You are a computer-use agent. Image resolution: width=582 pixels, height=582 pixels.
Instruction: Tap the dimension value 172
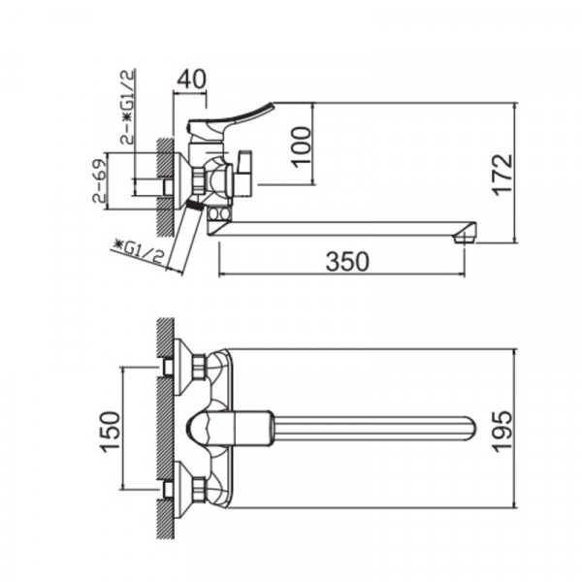501,176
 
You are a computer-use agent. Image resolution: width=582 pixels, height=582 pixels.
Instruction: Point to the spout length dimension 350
346,260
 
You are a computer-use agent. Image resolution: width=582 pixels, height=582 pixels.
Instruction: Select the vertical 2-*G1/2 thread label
126,106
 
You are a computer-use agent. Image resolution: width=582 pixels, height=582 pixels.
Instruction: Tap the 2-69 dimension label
98,183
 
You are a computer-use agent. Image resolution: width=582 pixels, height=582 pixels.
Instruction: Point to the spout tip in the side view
468,233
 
